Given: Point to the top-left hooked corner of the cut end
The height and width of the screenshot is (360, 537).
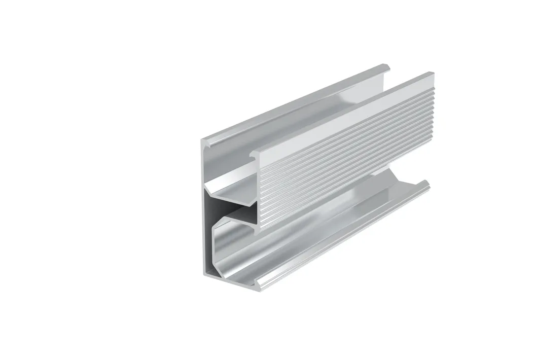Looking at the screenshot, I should click(207, 143).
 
